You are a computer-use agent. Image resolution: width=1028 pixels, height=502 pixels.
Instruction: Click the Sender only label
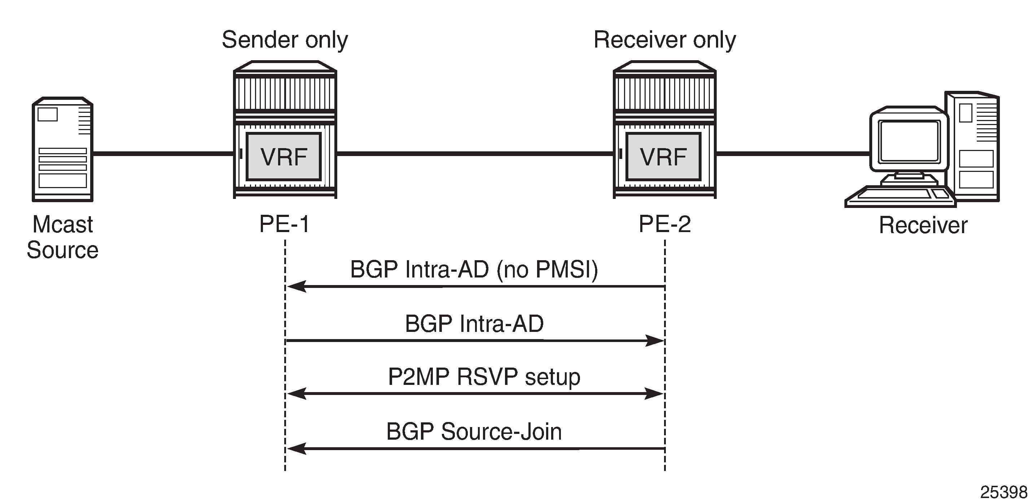coord(285,40)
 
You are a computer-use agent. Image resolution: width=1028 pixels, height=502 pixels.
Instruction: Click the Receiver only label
coord(664,40)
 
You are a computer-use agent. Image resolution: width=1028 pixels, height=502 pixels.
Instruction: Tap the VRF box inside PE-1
coord(284,157)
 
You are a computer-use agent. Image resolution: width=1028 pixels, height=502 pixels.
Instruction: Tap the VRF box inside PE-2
coord(663,157)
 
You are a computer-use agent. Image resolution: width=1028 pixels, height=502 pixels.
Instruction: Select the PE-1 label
coord(285,224)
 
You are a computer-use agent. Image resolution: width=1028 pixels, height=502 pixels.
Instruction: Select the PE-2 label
coord(664,224)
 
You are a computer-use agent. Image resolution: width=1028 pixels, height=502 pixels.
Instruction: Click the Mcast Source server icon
coord(63,150)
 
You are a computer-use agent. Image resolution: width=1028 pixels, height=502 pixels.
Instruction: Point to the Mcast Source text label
coord(63,237)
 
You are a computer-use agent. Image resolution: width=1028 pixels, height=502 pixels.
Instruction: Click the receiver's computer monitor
coord(909,142)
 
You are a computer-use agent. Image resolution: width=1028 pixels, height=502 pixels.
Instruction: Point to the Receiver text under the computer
coord(923,225)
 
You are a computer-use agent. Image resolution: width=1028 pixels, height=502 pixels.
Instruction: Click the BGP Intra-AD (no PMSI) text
coord(474,270)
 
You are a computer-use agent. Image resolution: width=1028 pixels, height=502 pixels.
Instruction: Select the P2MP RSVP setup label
coord(484,377)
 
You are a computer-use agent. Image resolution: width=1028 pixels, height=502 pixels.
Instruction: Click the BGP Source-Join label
coord(474,431)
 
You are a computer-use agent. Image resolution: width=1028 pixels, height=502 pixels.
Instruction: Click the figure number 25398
coord(1003,492)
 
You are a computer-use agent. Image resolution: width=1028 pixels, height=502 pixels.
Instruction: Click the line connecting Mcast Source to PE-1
coord(163,153)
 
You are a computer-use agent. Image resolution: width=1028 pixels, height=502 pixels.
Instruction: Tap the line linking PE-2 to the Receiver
coord(792,153)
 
